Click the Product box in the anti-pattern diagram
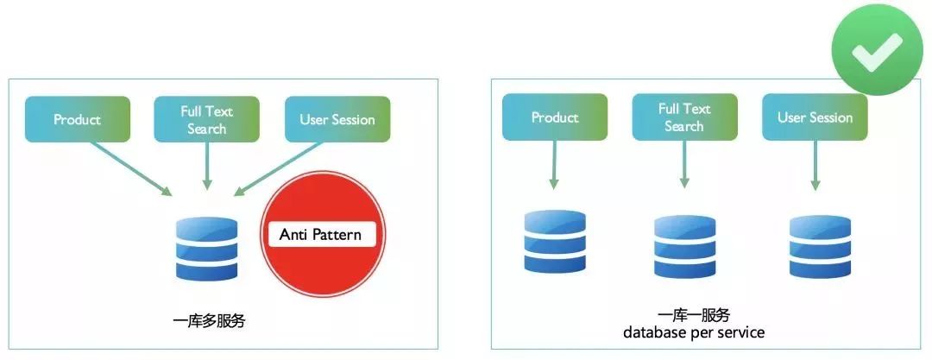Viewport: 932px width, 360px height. [78, 119]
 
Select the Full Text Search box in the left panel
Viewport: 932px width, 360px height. [206, 119]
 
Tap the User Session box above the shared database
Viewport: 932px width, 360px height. [337, 119]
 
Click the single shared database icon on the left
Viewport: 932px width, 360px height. [206, 249]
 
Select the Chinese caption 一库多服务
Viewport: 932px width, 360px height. [210, 321]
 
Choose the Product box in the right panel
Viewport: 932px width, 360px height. [555, 117]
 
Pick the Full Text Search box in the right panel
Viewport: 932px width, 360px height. [684, 117]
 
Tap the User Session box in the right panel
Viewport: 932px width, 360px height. [815, 117]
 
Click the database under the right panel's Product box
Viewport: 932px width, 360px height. [555, 242]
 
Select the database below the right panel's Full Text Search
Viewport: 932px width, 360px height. [684, 247]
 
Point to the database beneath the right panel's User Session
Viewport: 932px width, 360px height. [820, 247]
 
